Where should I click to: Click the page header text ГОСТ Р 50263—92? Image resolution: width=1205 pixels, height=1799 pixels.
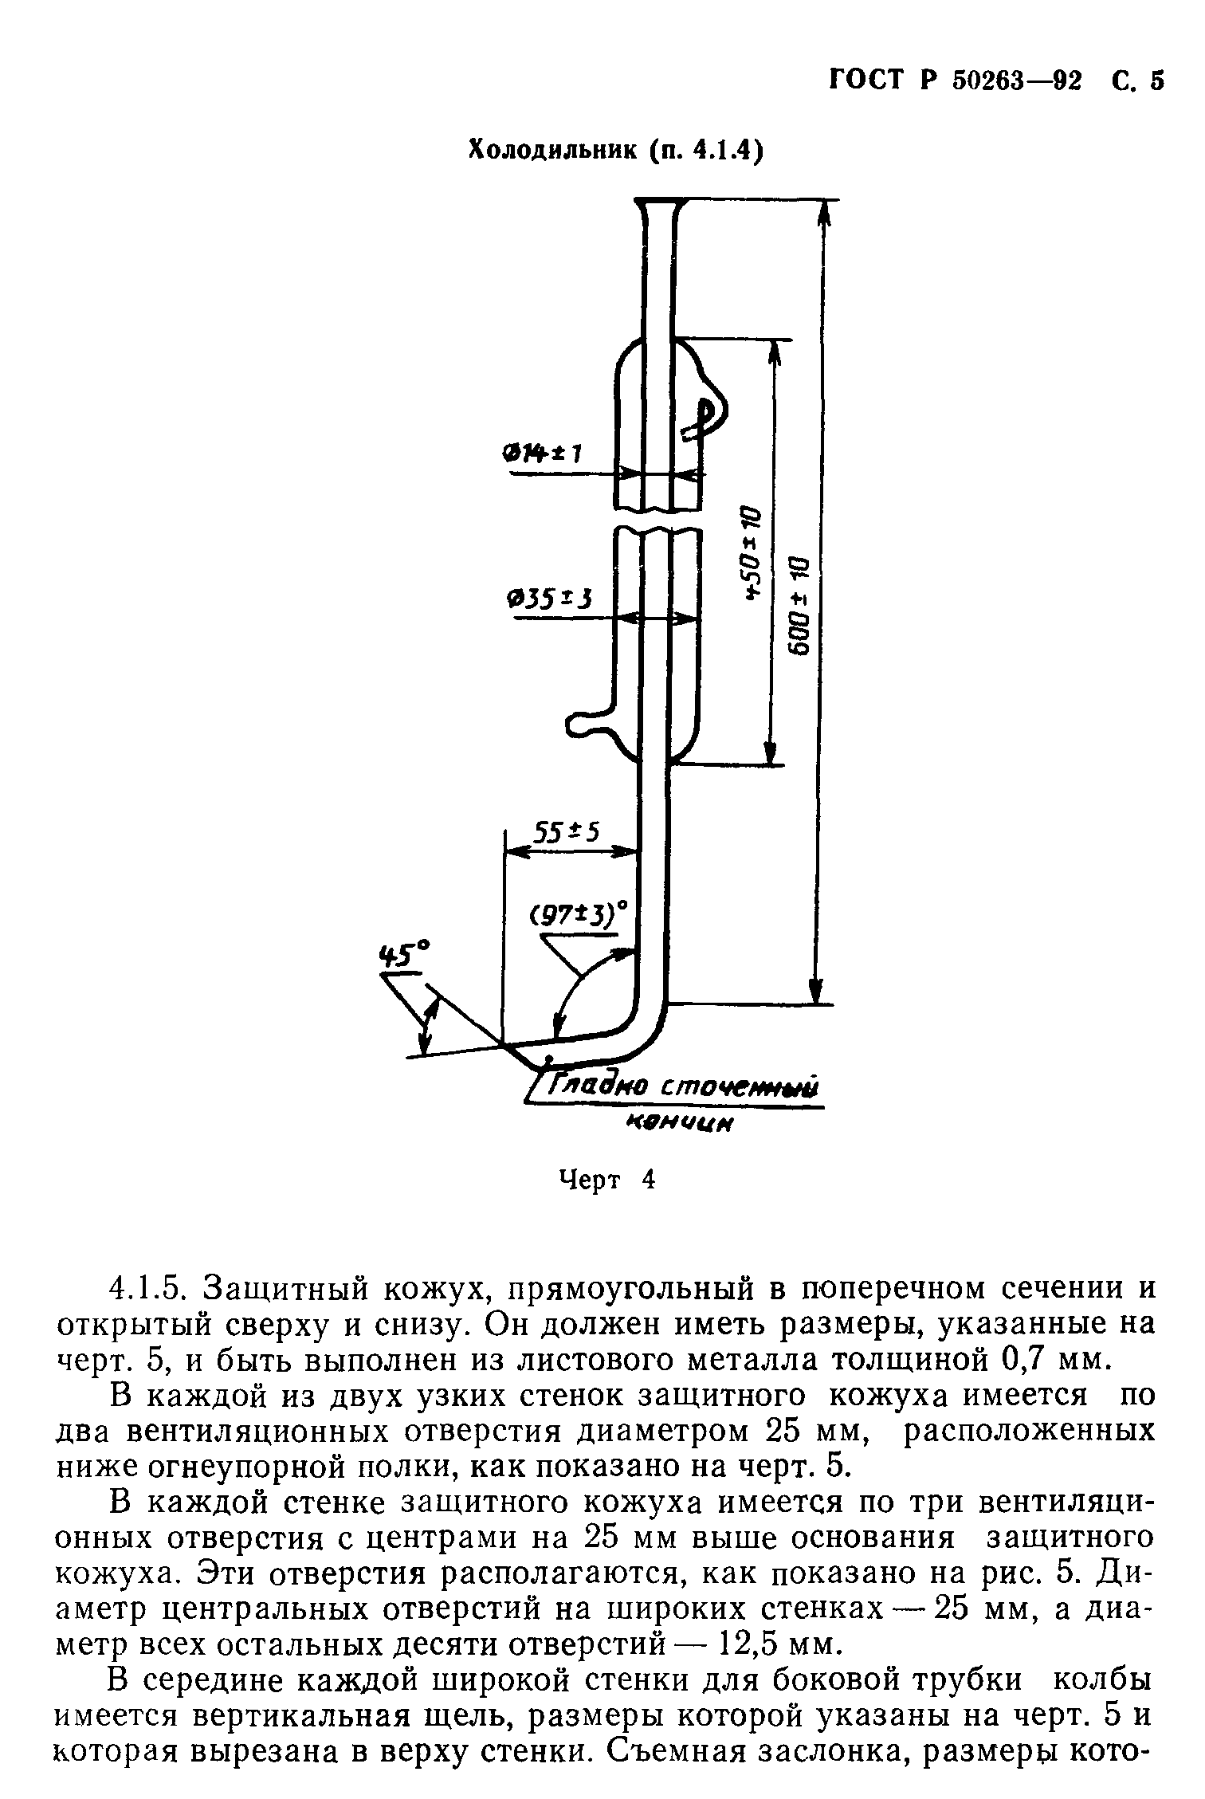click(x=956, y=81)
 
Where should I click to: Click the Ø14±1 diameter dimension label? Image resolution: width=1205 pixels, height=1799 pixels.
click(x=542, y=453)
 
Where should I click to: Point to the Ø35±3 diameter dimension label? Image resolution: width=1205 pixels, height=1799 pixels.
click(x=549, y=598)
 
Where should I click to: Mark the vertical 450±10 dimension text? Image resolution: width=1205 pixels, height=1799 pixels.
click(x=750, y=552)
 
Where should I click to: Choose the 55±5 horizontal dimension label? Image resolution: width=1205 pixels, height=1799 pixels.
click(x=565, y=834)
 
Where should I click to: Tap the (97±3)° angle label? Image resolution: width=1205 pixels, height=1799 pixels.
click(x=578, y=914)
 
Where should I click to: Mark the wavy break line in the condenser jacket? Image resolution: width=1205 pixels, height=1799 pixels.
click(x=658, y=520)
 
